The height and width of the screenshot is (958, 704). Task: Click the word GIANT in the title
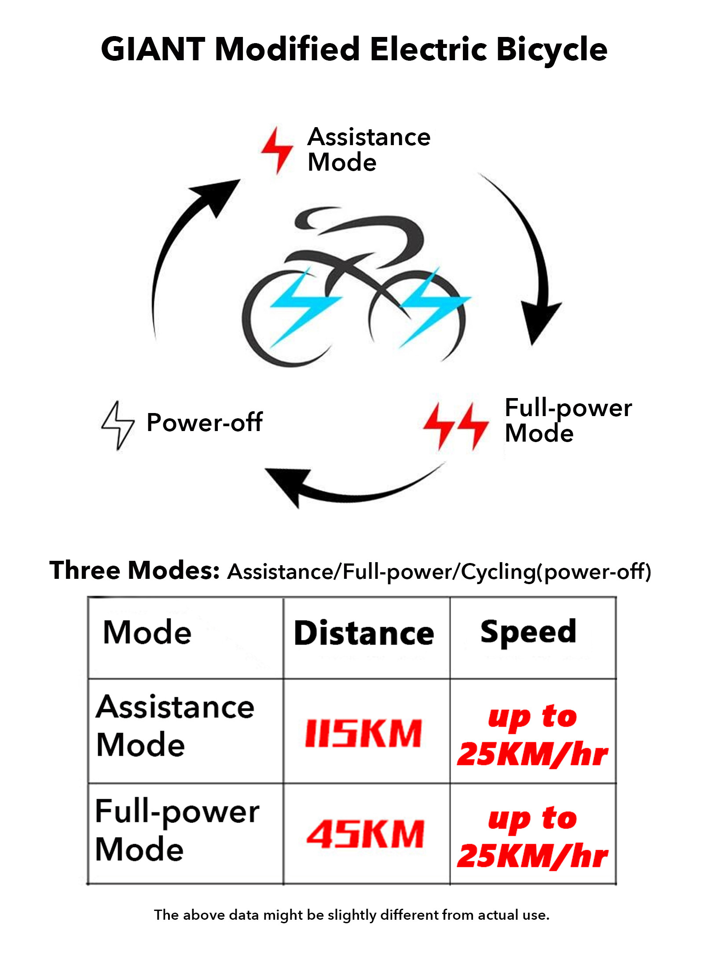(x=153, y=49)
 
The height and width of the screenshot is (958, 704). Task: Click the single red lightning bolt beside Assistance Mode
(x=277, y=150)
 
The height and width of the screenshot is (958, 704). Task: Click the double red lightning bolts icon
(x=456, y=426)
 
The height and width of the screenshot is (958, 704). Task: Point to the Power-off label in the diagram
(x=205, y=423)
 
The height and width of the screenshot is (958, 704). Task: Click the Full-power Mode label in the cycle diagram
(x=568, y=420)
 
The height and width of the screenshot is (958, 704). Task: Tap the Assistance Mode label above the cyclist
(x=369, y=150)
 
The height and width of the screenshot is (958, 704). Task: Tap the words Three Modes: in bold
(x=134, y=570)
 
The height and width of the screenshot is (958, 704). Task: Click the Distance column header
(x=364, y=634)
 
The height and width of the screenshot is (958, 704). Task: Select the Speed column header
(x=528, y=632)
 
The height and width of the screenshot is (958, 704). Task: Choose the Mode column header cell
(x=147, y=633)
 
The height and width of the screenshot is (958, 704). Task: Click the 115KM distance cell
(x=364, y=734)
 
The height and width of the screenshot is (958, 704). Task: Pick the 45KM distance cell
(x=365, y=834)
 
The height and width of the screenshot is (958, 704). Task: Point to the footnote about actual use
(x=352, y=915)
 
